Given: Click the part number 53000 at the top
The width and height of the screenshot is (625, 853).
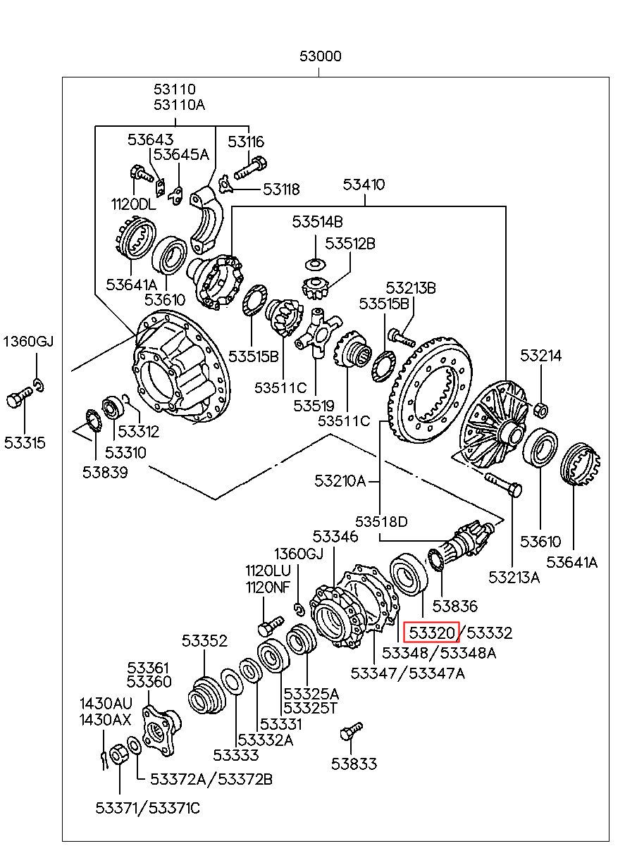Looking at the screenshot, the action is [321, 56].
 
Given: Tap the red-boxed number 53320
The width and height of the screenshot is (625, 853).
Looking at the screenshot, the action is [431, 633].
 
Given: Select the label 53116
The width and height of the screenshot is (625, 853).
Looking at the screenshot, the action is [246, 142].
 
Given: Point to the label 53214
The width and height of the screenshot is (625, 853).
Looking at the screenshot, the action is [541, 356].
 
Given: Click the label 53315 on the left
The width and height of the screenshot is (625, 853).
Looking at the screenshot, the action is [25, 442].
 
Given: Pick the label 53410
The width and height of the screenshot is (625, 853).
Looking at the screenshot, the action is [364, 185].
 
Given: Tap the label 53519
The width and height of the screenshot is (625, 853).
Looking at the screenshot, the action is [314, 406].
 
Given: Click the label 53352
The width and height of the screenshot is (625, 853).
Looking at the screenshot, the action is [204, 641].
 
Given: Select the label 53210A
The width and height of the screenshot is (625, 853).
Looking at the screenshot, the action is [340, 481].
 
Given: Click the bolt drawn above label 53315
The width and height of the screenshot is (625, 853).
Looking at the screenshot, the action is [20, 397].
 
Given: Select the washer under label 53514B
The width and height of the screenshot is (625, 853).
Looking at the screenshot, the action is [316, 263].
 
